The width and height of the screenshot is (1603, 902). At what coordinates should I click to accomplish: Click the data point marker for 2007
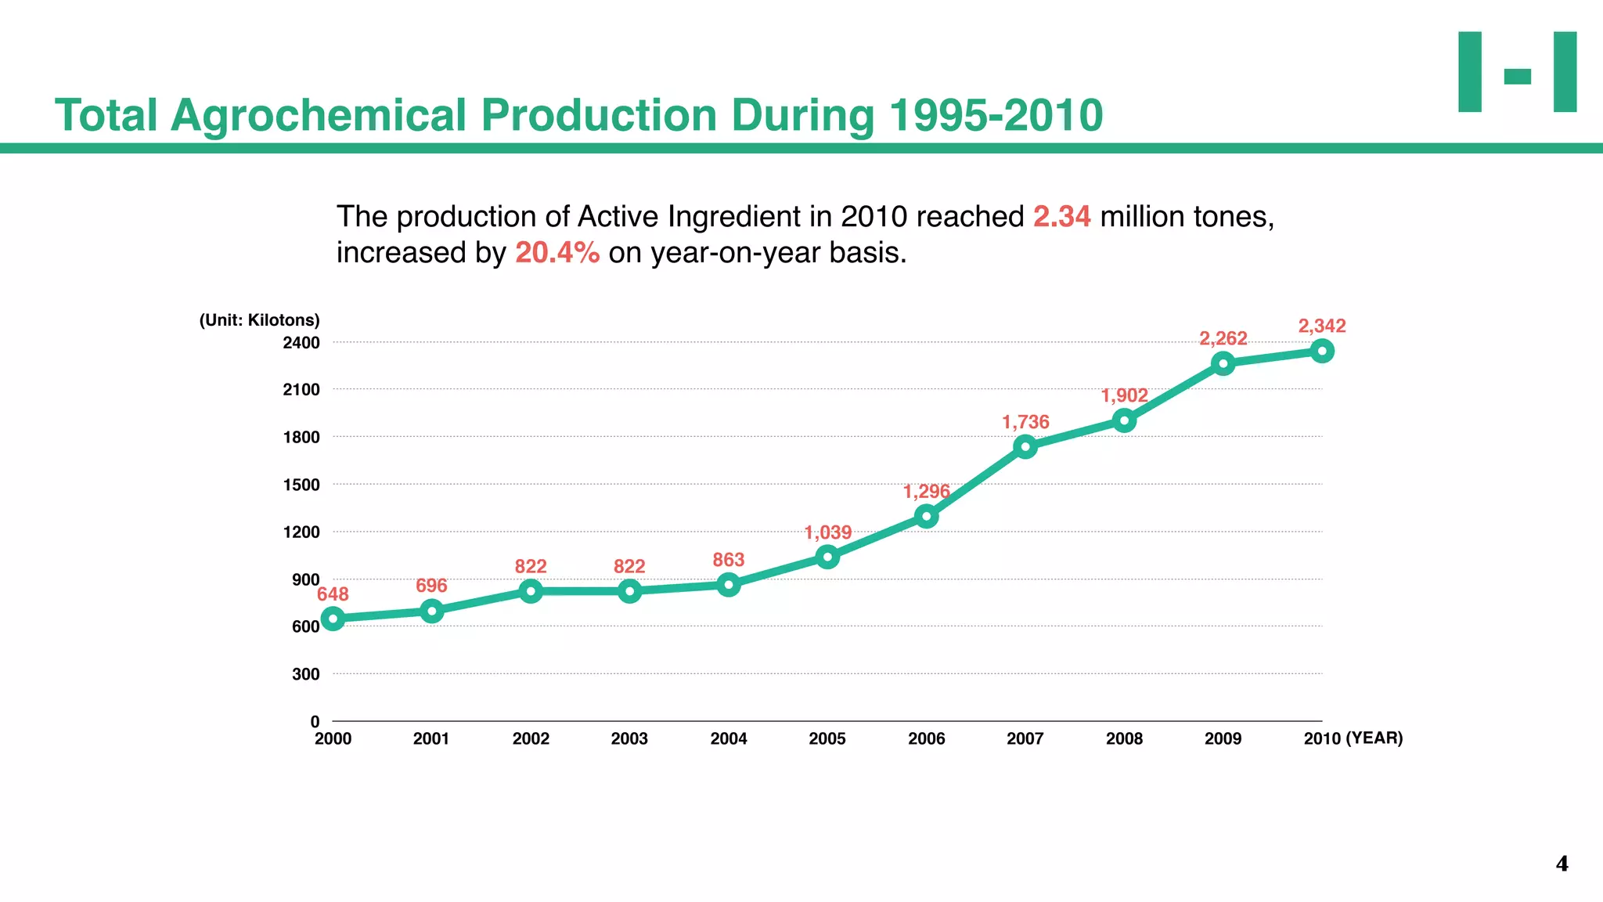[1025, 447]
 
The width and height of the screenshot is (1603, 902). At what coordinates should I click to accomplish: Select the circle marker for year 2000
[333, 619]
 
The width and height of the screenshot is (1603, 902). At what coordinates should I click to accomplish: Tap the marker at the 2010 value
[1322, 351]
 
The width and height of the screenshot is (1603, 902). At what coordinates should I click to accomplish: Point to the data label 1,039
[827, 533]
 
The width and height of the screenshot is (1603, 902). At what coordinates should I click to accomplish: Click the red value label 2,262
[1223, 338]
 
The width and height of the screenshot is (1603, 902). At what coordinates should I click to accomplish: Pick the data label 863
[728, 560]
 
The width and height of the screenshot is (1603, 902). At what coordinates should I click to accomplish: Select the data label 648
[333, 594]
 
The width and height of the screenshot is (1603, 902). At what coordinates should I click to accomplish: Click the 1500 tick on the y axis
[301, 485]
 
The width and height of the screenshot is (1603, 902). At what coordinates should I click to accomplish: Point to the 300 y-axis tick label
[305, 674]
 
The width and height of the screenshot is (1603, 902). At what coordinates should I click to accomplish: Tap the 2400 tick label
[301, 343]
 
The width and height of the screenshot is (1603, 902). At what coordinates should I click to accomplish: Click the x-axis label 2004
[728, 738]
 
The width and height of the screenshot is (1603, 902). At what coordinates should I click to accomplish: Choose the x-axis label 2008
[1124, 738]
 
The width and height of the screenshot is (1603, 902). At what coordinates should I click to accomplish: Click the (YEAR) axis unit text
[1374, 738]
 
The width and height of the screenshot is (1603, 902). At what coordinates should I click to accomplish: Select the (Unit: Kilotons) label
[259, 320]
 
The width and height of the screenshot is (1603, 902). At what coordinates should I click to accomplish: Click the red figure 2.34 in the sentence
[1061, 217]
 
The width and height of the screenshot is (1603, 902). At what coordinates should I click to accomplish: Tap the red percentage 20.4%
[557, 253]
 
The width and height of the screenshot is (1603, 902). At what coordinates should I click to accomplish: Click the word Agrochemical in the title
[319, 115]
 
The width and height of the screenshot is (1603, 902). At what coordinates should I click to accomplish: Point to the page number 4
[1562, 864]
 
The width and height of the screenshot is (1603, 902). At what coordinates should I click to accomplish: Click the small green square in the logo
[1517, 76]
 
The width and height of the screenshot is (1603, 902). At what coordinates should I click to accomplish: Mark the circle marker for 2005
[827, 557]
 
